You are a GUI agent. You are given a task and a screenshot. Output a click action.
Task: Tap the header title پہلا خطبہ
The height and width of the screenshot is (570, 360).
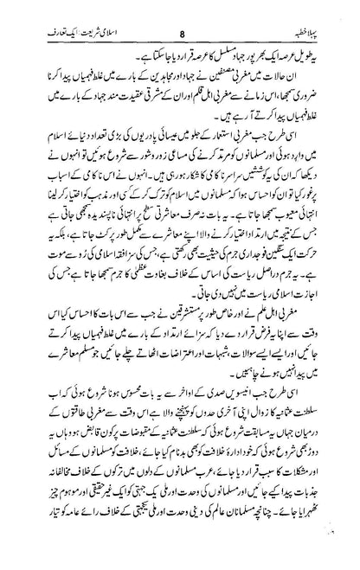(x=328, y=13)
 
